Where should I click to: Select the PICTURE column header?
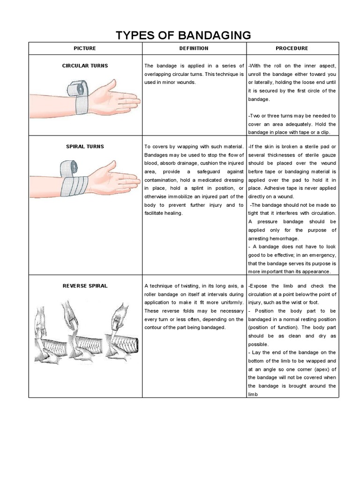tap(85, 48)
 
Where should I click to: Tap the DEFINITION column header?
tap(194, 48)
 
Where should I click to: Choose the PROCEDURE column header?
tap(292, 48)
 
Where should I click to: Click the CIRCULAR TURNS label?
tap(85, 66)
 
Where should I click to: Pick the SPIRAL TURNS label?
tap(85, 147)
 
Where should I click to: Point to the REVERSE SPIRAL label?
tap(85, 285)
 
